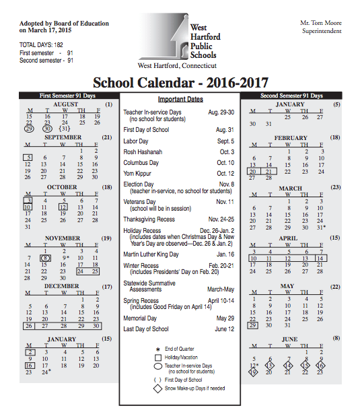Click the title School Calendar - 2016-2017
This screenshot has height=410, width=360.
click(180, 83)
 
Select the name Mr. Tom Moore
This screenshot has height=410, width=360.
click(321, 23)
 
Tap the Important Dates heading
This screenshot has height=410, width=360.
click(180, 100)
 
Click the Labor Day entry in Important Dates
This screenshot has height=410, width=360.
click(136, 141)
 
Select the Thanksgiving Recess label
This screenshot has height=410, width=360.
click(149, 219)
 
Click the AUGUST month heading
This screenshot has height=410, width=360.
click(66, 105)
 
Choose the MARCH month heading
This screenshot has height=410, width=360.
click(291, 188)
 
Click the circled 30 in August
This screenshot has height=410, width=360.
click(47, 128)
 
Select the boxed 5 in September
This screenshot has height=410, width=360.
click(30, 157)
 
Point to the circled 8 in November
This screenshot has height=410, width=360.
click(46, 257)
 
